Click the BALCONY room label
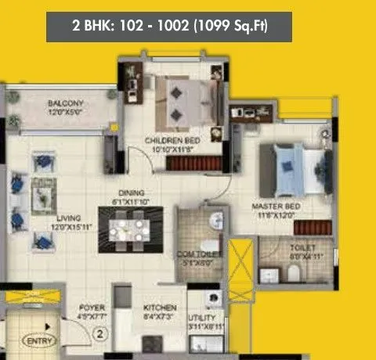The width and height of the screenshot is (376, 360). [66, 103]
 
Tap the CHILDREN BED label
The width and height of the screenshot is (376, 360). [172, 140]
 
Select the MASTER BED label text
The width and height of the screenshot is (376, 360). [270, 206]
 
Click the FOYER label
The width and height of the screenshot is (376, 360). [92, 308]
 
